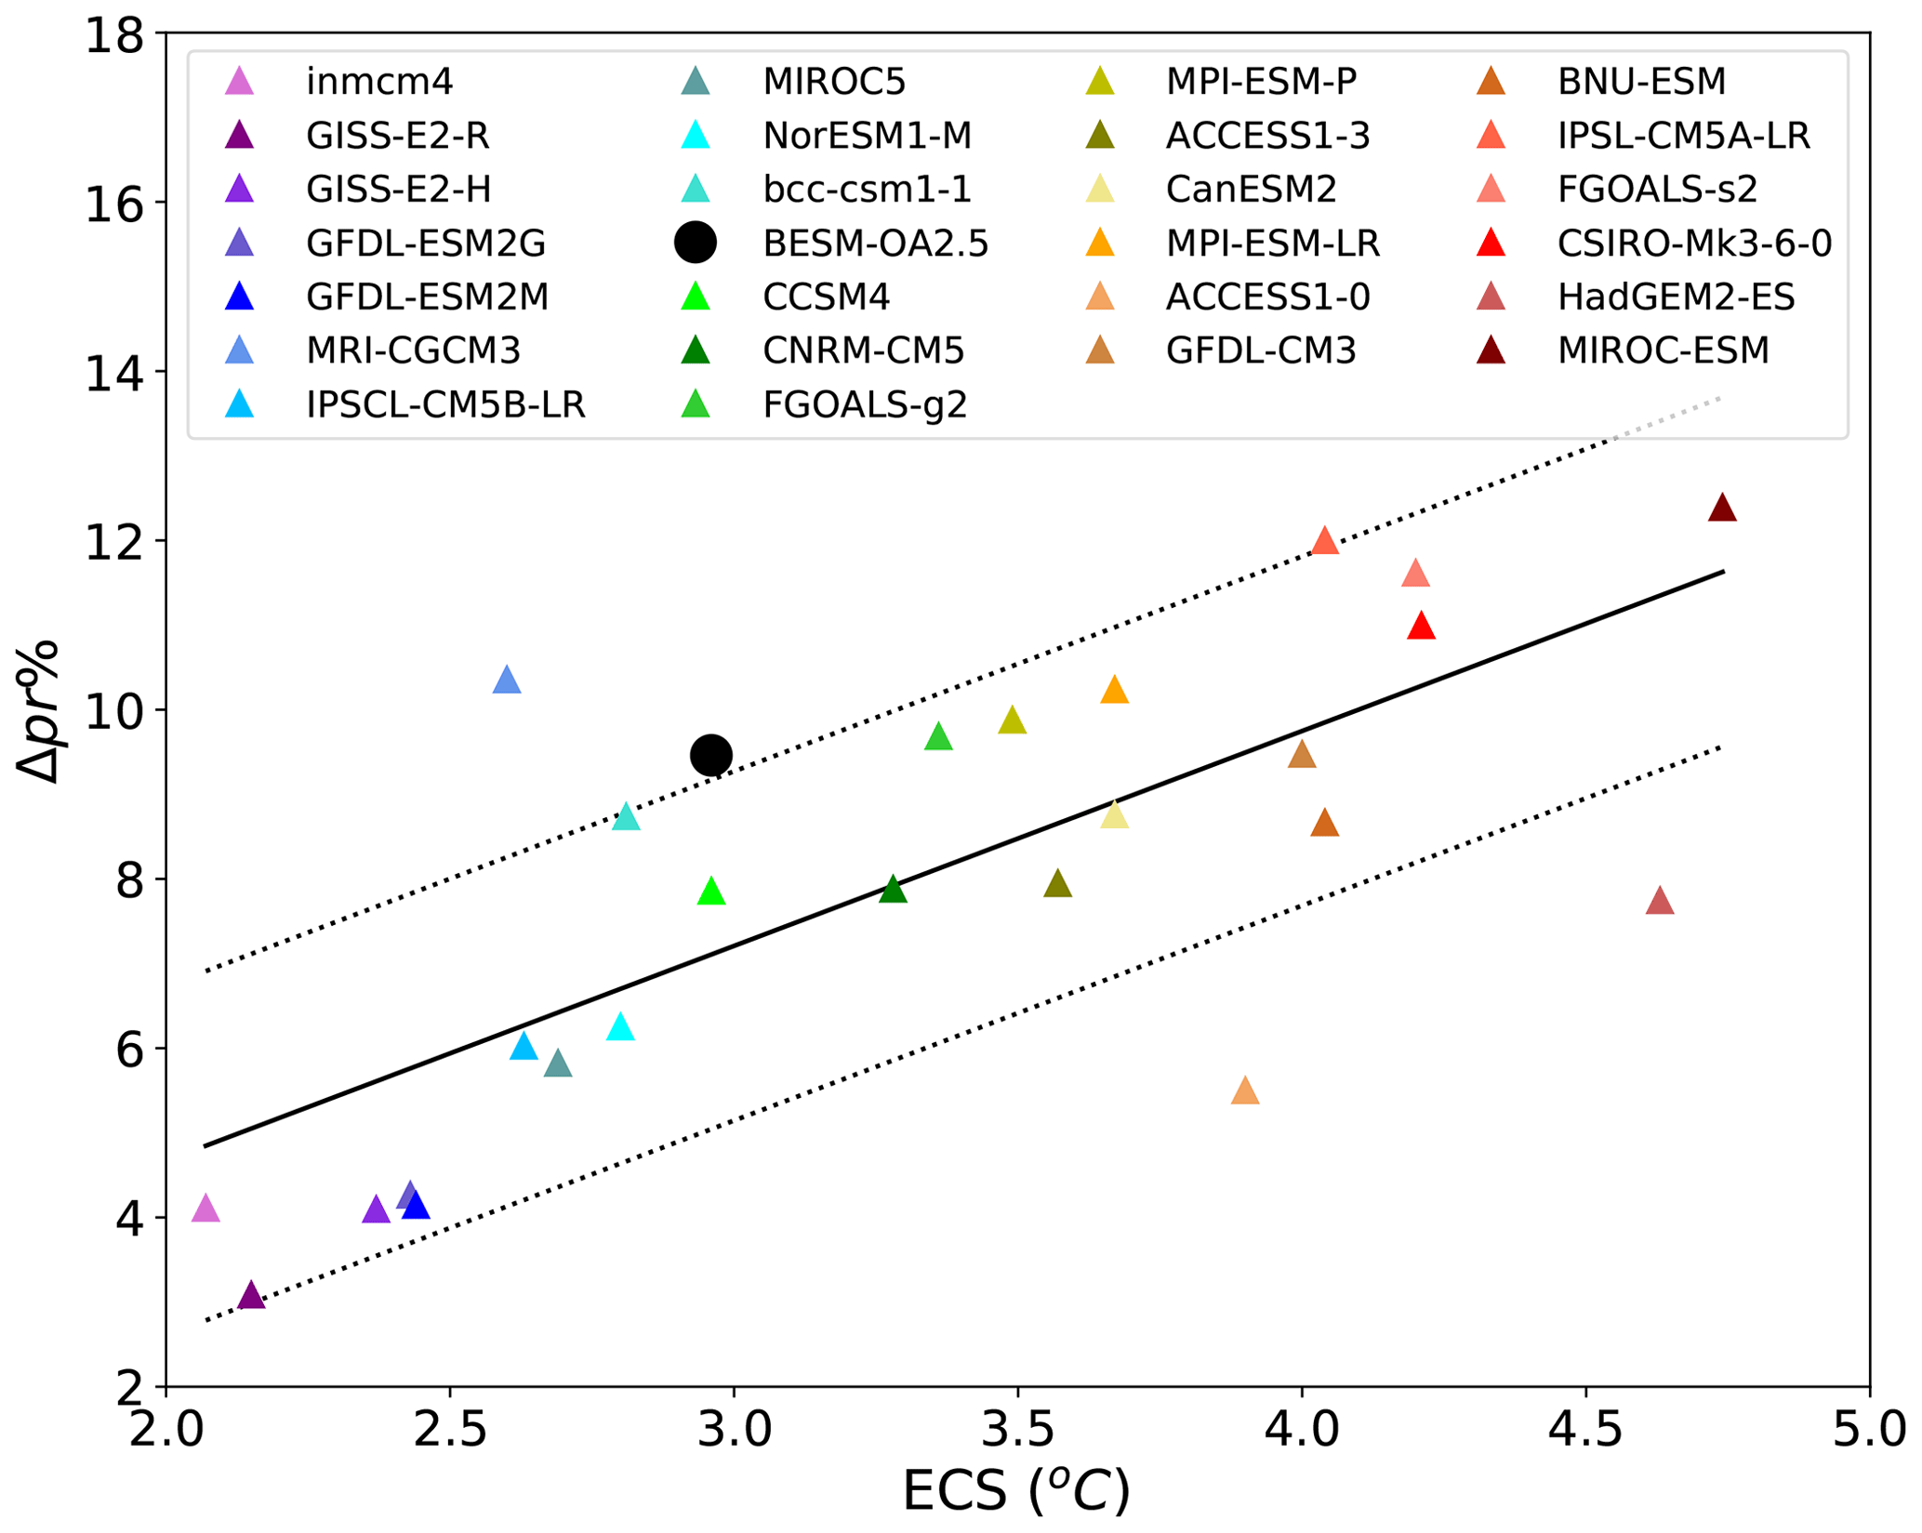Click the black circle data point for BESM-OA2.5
tap(711, 755)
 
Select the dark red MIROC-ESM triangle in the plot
tap(1722, 509)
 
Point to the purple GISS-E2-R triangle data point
tap(251, 1296)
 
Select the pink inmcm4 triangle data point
tap(205, 1209)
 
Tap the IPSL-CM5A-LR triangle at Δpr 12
tap(1325, 542)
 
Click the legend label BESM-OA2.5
tap(875, 244)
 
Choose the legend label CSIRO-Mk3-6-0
tap(1694, 244)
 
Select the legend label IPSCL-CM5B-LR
tap(445, 405)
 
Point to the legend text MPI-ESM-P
tap(1261, 82)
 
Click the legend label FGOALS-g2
tap(865, 405)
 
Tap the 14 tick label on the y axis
tap(113, 373)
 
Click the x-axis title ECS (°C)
tap(1016, 1492)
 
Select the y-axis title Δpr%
tap(39, 711)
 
